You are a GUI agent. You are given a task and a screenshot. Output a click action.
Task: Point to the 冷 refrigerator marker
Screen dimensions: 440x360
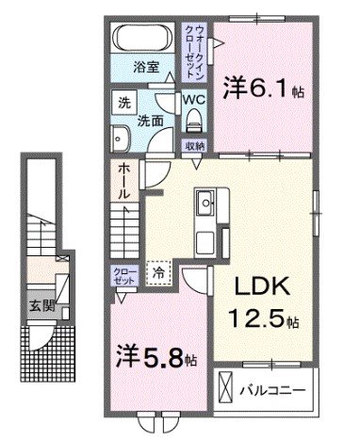[159, 270]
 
